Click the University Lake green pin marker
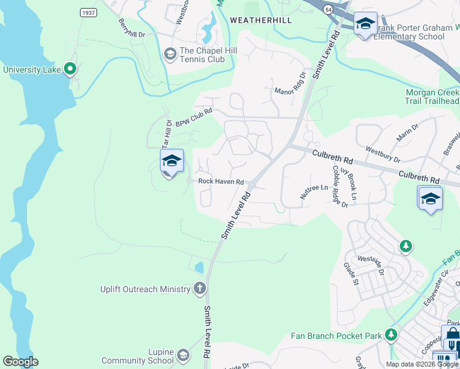tap(70, 69)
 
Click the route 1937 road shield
tap(89, 12)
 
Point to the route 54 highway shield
tap(329, 10)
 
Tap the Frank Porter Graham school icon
tap(366, 25)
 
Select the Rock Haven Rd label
tap(221, 181)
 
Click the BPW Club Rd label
tap(194, 117)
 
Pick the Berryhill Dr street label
tap(131, 28)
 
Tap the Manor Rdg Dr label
tap(290, 84)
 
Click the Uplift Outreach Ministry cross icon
tap(199, 288)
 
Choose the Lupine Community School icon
tap(183, 355)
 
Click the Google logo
tap(20, 362)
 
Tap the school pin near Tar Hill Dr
tap(172, 162)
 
